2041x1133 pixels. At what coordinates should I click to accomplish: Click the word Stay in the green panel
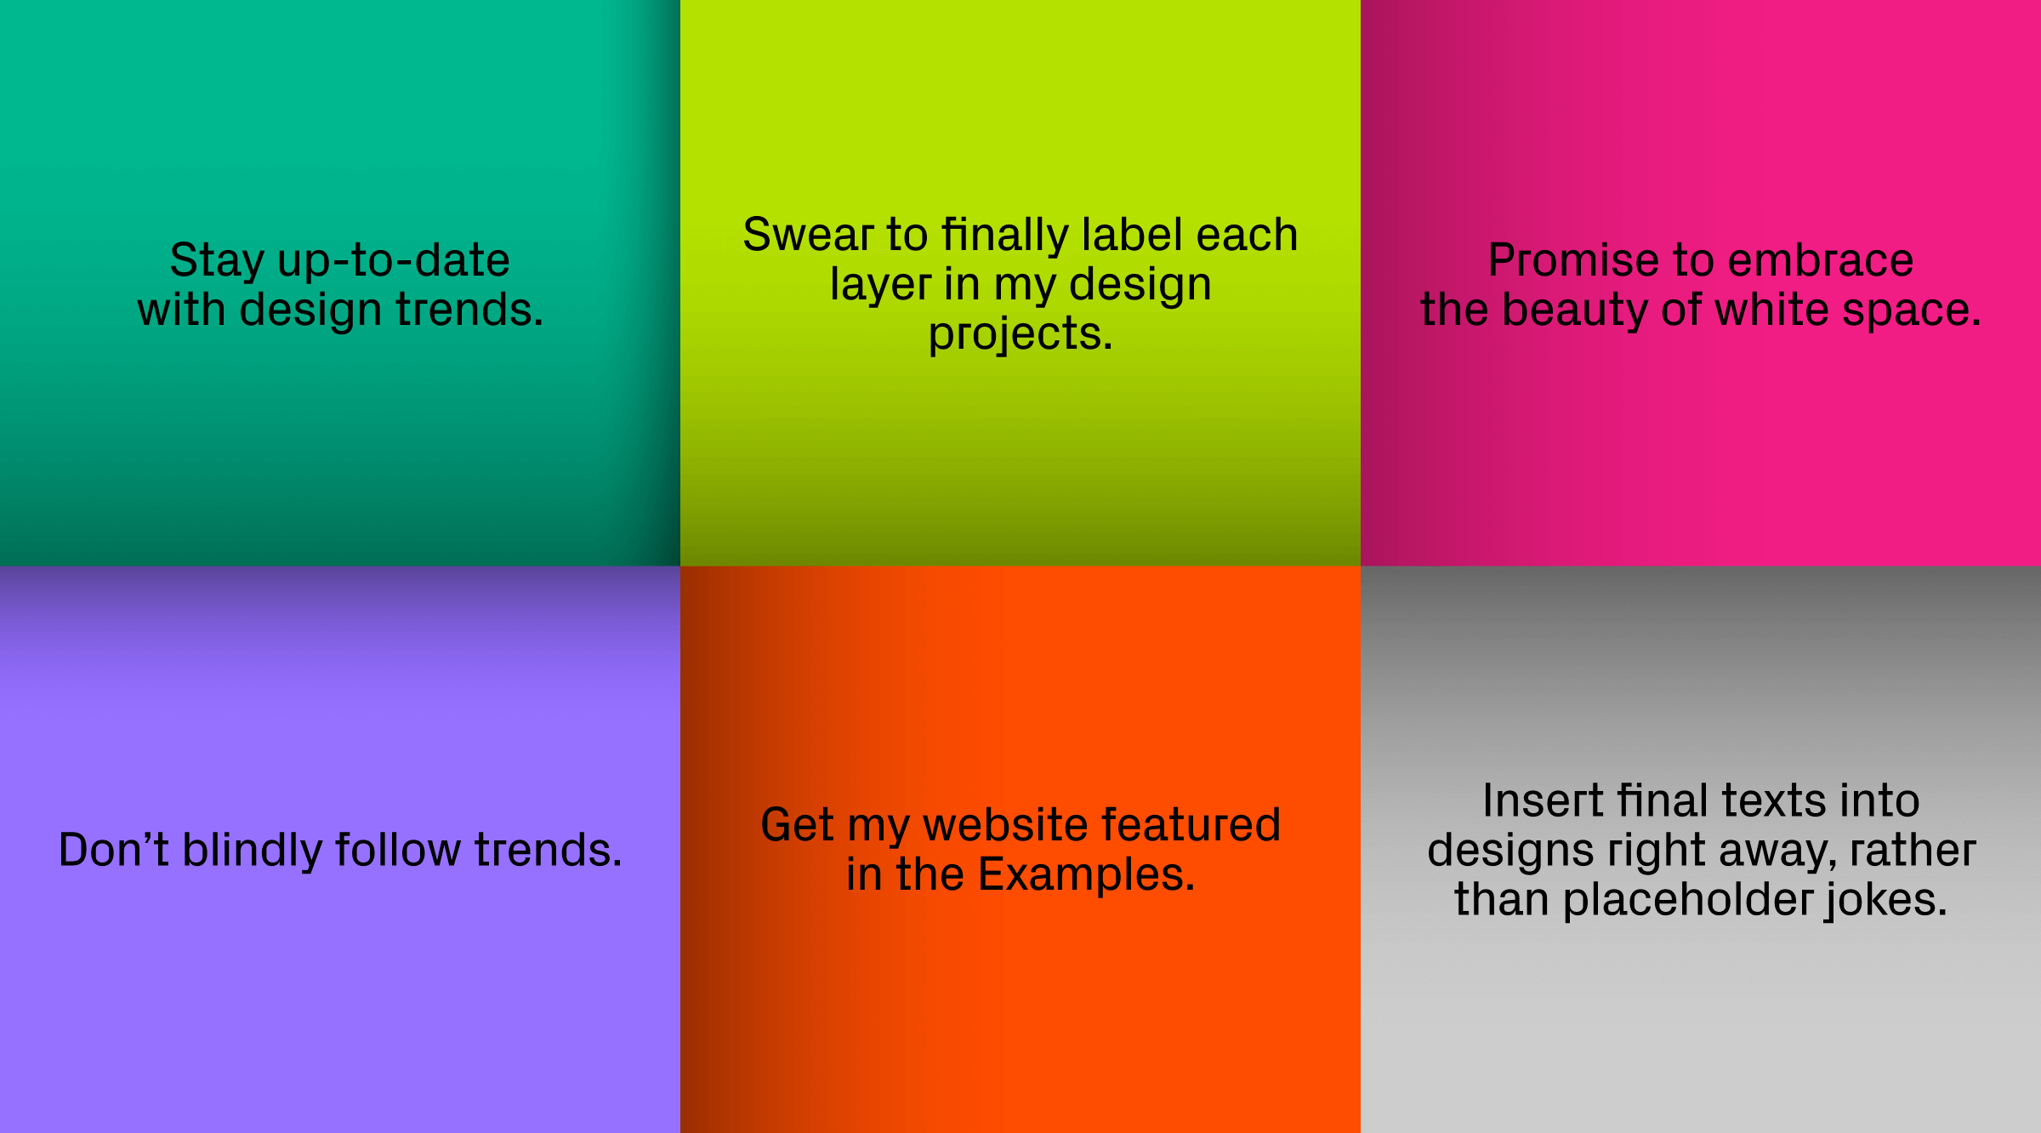pos(216,260)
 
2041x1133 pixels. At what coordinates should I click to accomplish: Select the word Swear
pos(808,235)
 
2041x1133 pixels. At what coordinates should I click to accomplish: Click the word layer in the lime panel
pos(880,286)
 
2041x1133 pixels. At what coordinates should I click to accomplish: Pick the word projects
pos(1020,335)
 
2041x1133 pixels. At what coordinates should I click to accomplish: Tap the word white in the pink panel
pos(1771,310)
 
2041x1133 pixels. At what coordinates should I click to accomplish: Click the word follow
pos(397,850)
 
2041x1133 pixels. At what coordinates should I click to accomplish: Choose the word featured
pos(1191,825)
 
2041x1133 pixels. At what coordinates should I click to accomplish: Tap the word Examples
pos(1086,874)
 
